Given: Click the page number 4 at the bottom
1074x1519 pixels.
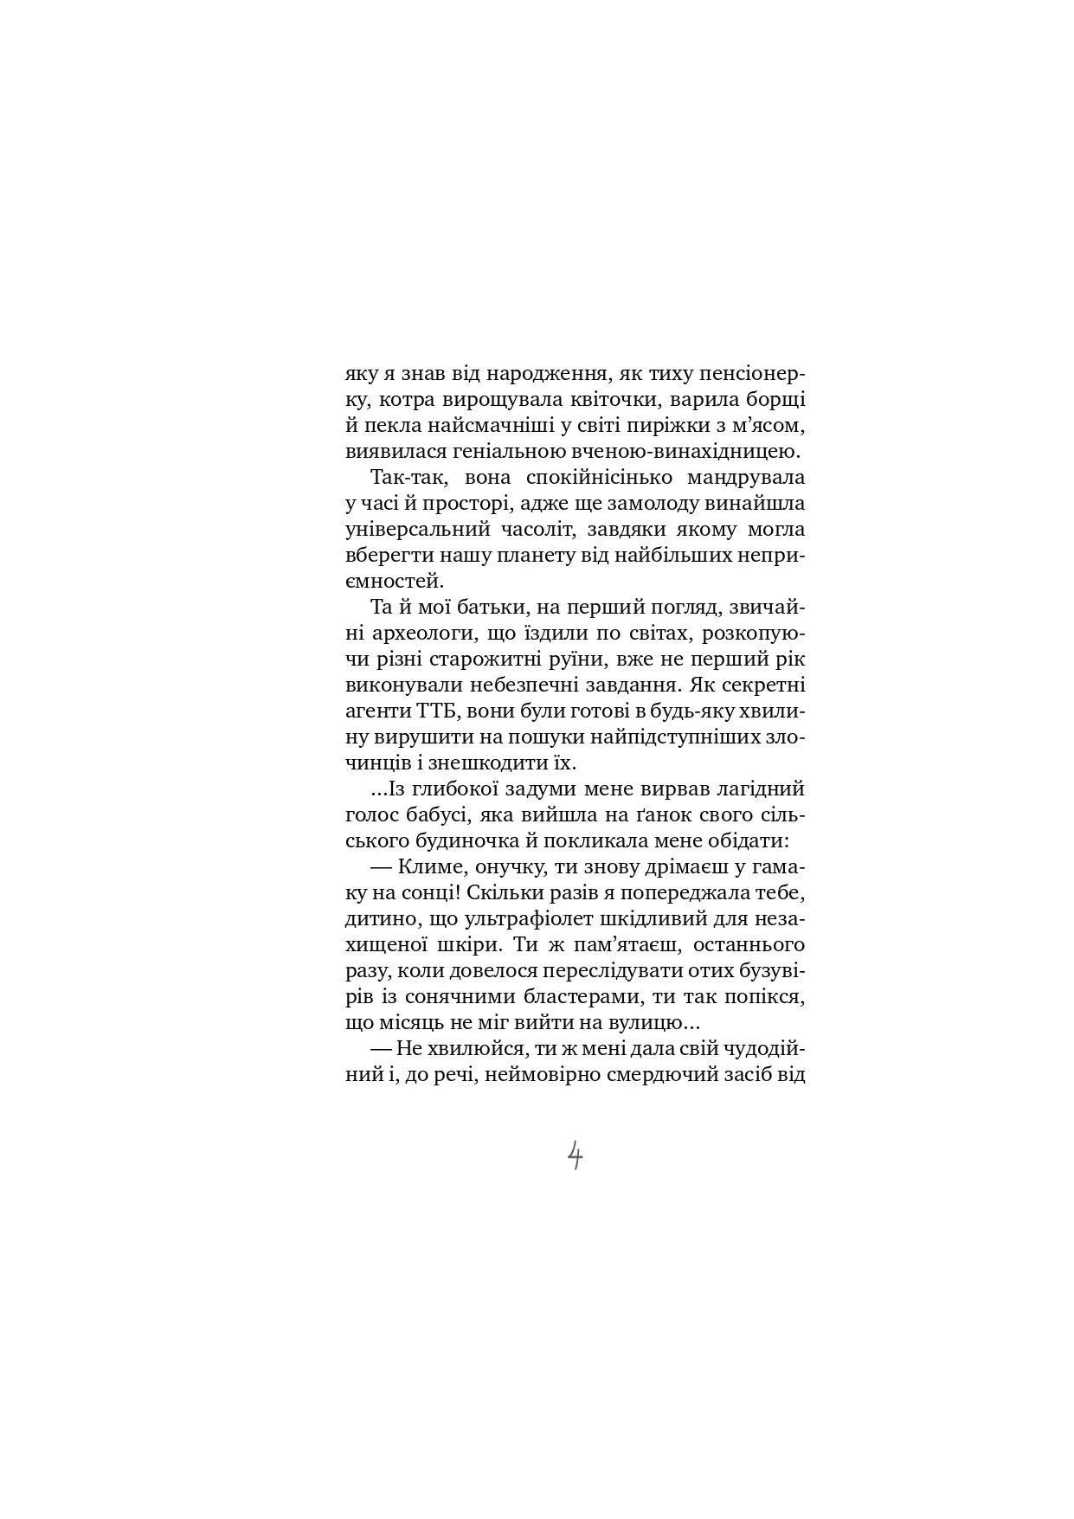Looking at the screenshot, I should click(x=575, y=1155).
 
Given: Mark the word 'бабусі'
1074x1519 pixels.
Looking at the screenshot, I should click(x=455, y=815).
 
